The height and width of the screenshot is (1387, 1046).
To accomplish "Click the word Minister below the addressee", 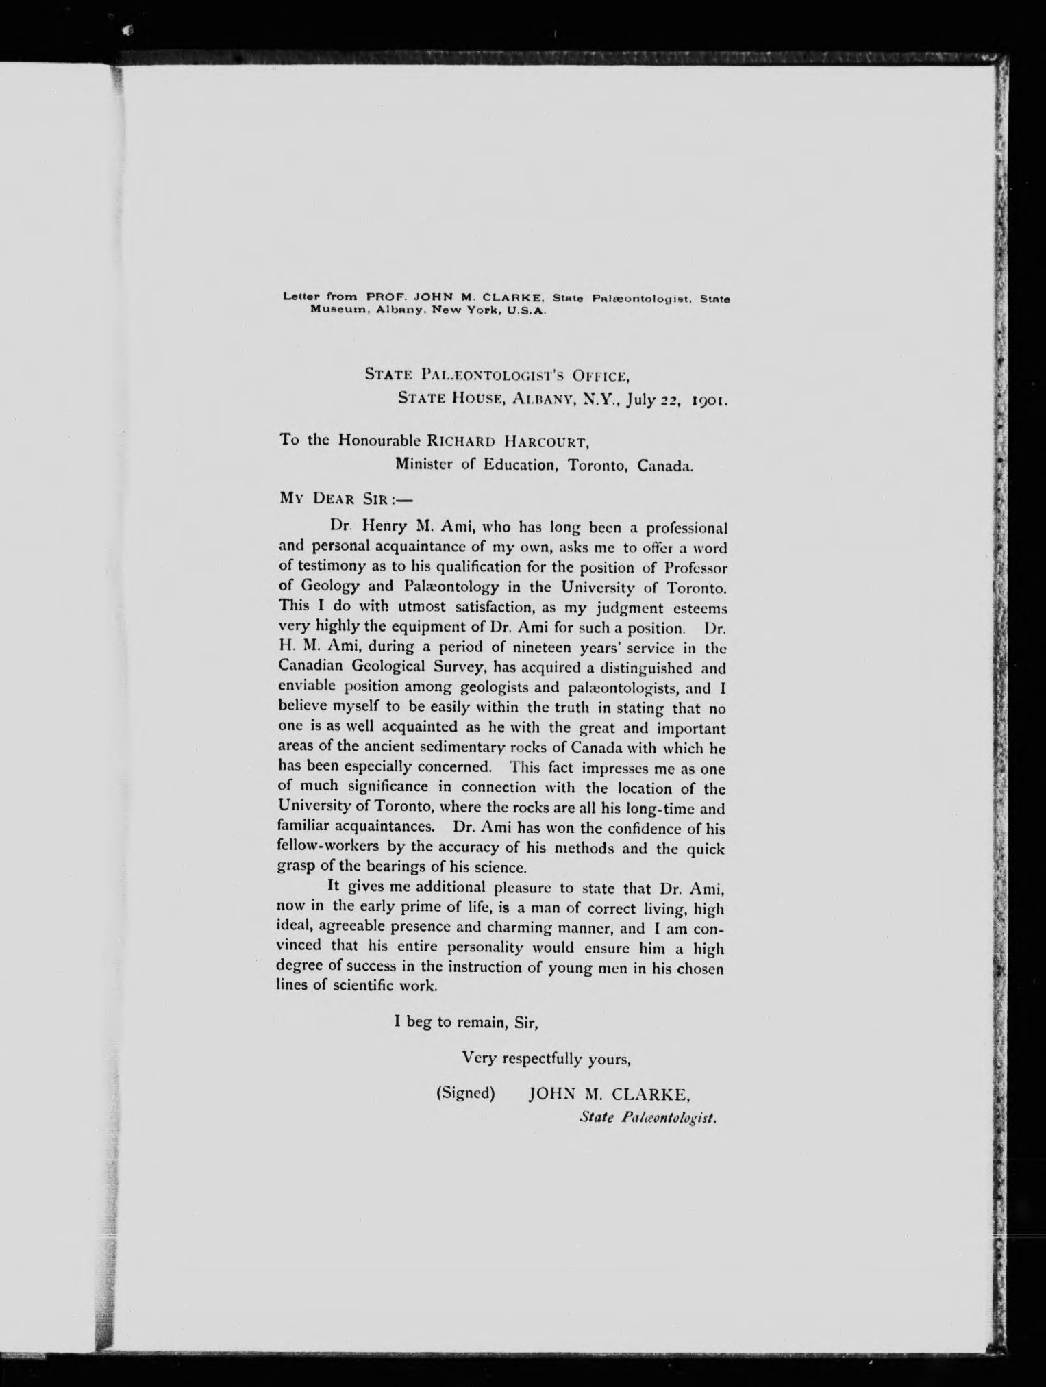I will pyautogui.click(x=424, y=465).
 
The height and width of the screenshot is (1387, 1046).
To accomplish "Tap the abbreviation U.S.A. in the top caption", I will pyautogui.click(x=524, y=309).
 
